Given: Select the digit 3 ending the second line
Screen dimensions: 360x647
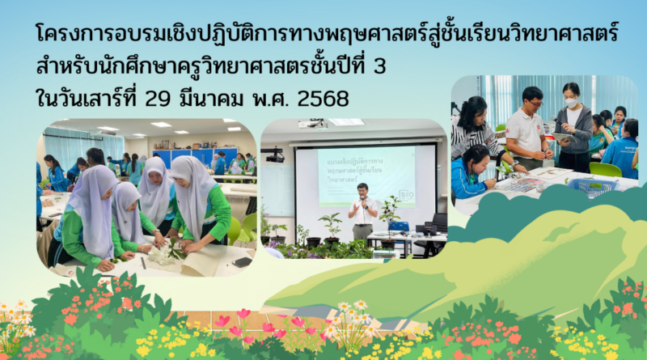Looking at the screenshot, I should coord(380,67).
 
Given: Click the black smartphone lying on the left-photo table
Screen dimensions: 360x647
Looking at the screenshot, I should coord(242,261).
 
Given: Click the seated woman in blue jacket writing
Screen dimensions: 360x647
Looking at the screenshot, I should coord(472,172).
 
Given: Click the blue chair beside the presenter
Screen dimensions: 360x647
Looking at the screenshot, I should coord(399,227).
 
